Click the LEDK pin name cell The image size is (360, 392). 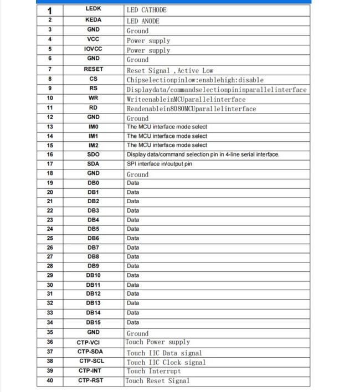(93, 9)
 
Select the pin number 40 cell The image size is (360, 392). (50, 380)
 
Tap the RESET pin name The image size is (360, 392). (93, 70)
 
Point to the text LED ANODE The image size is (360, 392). (143, 21)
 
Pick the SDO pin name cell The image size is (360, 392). (93, 154)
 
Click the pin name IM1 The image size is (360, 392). (93, 136)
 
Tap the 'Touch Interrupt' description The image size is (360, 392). (153, 371)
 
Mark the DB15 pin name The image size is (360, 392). (93, 322)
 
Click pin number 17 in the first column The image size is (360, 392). (50, 164)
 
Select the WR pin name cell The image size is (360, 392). (93, 98)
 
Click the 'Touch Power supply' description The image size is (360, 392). (158, 342)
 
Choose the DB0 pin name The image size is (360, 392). (93, 183)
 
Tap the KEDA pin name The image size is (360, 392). (93, 19)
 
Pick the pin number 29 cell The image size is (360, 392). (50, 275)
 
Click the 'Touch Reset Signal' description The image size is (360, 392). (157, 380)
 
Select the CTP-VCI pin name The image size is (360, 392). (89, 342)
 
